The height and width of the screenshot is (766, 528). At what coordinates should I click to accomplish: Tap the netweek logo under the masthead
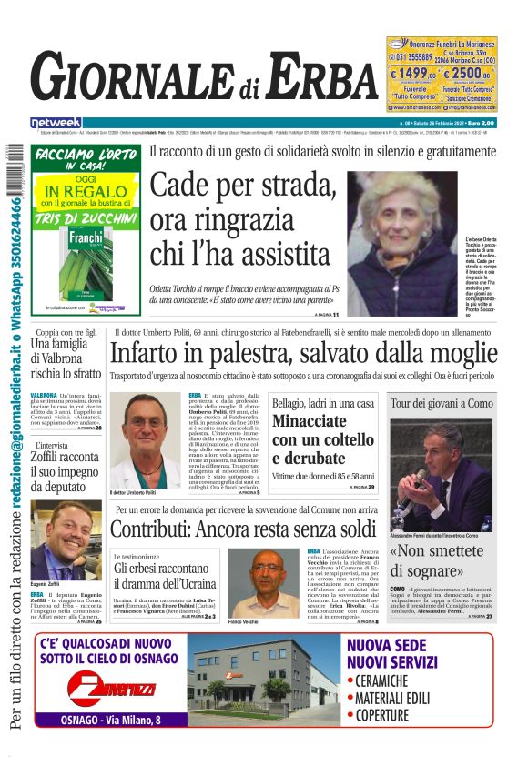pos(56,122)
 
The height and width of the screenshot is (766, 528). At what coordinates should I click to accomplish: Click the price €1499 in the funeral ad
pos(413,74)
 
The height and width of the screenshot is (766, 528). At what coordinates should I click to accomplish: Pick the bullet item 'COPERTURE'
pos(383,715)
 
